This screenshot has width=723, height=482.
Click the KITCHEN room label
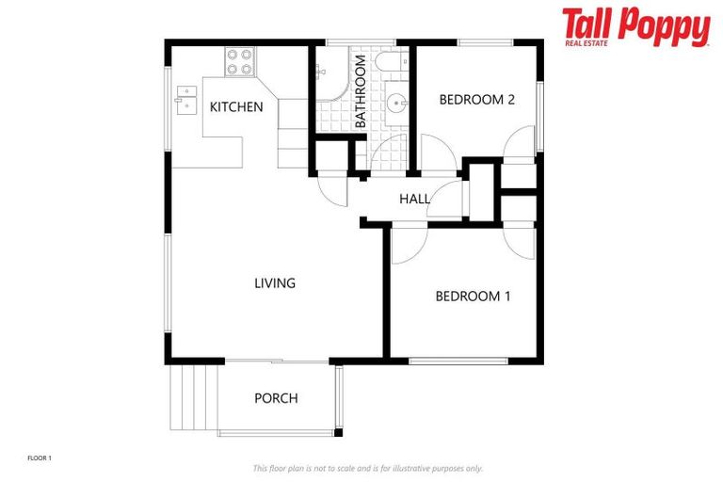235,106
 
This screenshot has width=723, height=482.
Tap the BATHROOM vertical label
360,91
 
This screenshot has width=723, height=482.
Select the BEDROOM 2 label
476,100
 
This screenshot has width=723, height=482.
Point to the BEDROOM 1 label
473,296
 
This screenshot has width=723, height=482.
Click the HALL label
414,200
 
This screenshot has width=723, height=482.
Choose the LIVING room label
275,282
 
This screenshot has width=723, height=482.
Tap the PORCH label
276,398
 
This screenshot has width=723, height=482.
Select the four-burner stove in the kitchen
240,61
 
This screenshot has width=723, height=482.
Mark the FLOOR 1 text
40,458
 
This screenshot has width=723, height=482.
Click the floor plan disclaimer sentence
367,468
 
